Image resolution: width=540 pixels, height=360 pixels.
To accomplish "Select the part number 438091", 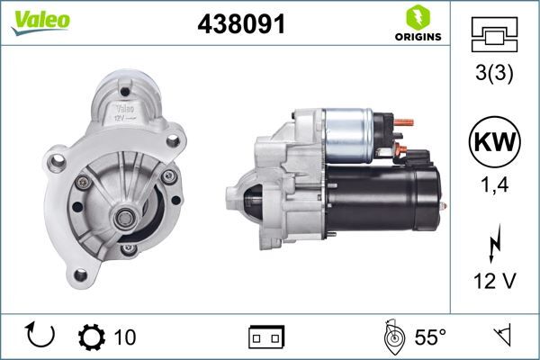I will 240,26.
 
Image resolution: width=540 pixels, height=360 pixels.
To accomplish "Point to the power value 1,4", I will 494,186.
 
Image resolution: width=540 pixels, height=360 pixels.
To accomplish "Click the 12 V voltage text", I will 494,282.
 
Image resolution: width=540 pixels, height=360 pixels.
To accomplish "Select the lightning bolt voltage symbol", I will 494,243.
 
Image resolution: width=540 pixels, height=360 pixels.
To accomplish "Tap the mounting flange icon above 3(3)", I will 494,35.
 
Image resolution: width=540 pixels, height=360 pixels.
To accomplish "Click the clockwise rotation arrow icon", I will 41,337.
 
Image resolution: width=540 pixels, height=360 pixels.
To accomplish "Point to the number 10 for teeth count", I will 126,337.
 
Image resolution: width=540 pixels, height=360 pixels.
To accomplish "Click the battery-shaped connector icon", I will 265,337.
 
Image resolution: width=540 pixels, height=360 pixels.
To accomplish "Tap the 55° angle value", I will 430,337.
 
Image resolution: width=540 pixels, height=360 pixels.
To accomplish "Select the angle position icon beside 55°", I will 391,337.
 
